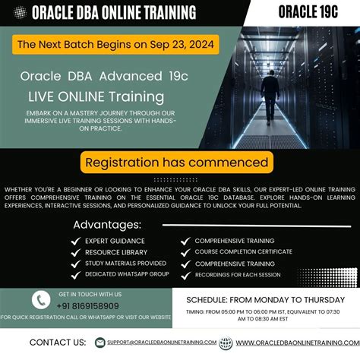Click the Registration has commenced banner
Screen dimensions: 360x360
point(176,163)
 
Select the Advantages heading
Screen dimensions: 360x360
point(107,225)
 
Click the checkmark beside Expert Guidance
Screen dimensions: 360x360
point(76,241)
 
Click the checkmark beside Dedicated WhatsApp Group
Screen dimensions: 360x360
point(76,274)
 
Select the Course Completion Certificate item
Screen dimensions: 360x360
point(242,251)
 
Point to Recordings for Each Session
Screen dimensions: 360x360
point(237,274)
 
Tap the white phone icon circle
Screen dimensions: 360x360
point(41,300)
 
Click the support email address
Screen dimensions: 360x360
point(162,343)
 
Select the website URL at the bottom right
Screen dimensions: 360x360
point(296,343)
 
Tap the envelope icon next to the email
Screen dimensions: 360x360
point(99,343)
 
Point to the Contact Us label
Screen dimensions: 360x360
point(57,343)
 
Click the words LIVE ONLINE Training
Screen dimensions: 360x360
point(96,97)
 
